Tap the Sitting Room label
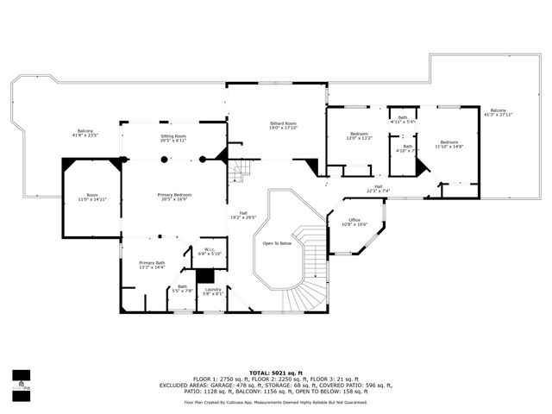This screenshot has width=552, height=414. tap(173, 138)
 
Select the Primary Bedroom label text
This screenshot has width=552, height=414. tap(173, 197)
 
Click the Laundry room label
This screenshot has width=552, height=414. tap(214, 292)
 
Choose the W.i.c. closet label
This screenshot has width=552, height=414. tap(212, 252)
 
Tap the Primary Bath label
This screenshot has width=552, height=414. tap(152, 266)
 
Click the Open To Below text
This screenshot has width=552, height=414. tap(277, 243)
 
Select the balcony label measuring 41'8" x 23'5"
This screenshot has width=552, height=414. tap(85, 133)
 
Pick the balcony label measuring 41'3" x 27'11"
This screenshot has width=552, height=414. tap(499, 112)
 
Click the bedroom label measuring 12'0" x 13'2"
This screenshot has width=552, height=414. tap(358, 135)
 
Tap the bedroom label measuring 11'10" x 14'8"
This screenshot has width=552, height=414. tap(449, 144)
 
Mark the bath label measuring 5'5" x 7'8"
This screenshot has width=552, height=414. tap(182, 289)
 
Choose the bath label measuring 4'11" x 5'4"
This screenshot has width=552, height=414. tap(403, 120)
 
